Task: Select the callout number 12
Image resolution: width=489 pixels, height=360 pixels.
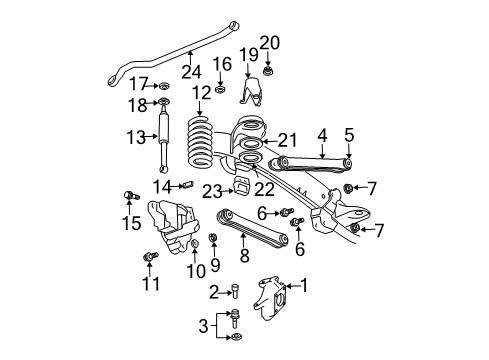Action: [x=202, y=92]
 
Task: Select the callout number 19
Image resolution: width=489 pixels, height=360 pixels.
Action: [x=248, y=52]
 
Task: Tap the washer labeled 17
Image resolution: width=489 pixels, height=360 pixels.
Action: [x=164, y=84]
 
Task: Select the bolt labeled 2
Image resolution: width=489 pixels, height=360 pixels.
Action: [x=233, y=293]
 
